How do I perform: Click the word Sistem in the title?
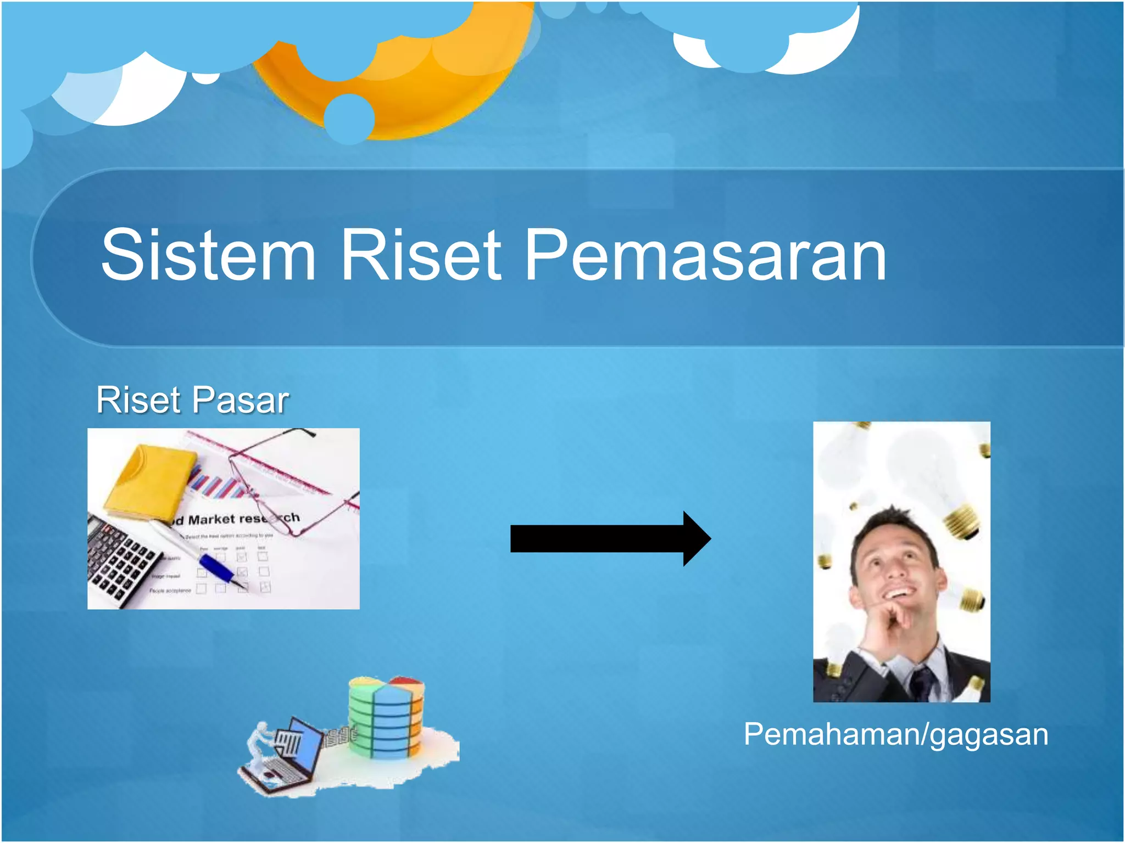click(209, 255)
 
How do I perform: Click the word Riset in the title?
click(420, 255)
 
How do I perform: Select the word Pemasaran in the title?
click(706, 255)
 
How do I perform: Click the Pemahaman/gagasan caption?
click(895, 734)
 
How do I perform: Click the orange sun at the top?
click(417, 88)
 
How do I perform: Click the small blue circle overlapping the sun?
click(349, 119)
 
